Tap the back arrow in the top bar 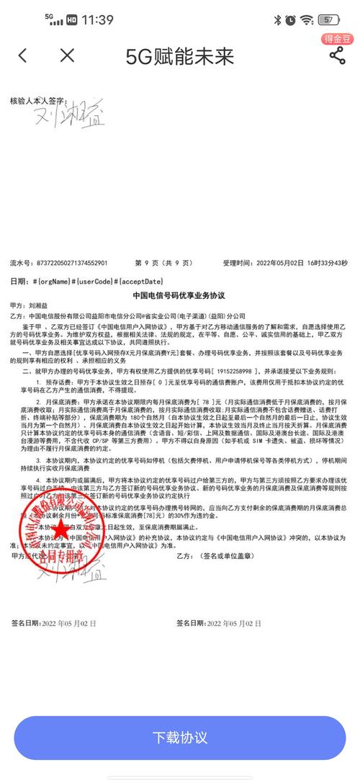tap(23, 55)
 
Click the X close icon tap(67, 55)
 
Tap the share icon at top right tap(336, 55)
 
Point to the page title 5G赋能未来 tap(180, 55)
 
